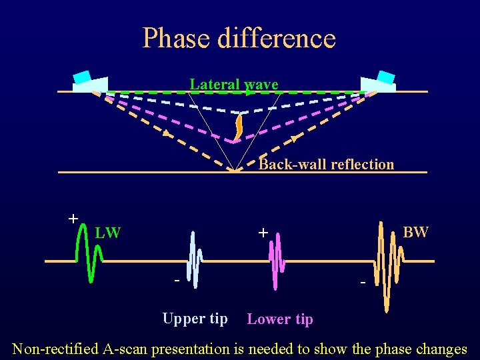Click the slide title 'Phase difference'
[x=239, y=38]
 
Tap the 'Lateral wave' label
[x=233, y=84]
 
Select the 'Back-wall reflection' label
[x=326, y=164]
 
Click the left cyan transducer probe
[x=83, y=77]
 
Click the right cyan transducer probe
[x=385, y=77]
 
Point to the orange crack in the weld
[x=238, y=127]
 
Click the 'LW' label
[x=107, y=233]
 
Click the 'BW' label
[x=415, y=232]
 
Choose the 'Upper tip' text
[x=195, y=319]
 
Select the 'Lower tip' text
[x=279, y=319]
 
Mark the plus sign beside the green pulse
[x=73, y=218]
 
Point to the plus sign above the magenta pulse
[x=263, y=233]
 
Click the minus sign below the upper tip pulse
[x=177, y=281]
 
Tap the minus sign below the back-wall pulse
[x=363, y=284]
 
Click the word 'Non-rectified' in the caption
[x=55, y=349]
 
